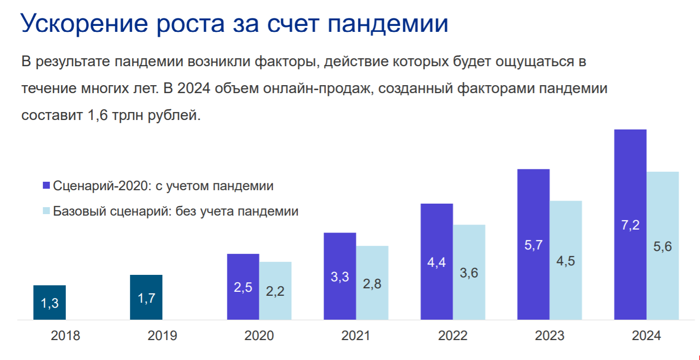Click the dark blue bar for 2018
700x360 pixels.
tap(49, 302)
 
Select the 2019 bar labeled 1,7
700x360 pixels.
tap(146, 297)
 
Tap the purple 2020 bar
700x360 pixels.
tap(243, 286)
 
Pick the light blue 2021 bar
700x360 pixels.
tap(372, 282)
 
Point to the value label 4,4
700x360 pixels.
tap(437, 262)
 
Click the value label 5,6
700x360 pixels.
tap(663, 246)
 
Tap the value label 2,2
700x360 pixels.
tap(275, 291)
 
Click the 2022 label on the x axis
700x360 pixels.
tap(453, 336)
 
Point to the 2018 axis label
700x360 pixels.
tap(65, 336)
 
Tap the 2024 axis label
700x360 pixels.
tap(646, 336)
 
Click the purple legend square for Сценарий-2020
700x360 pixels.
tap(46, 186)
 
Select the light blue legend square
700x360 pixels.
tap(46, 211)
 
